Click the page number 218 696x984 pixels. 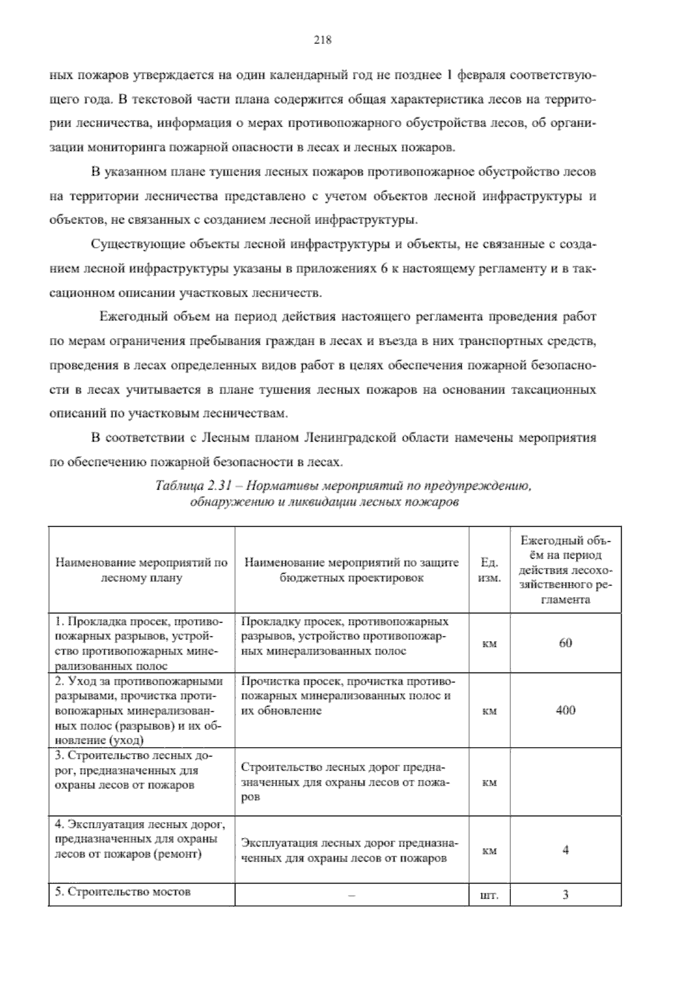pyautogui.click(x=322, y=40)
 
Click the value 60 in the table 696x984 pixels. pyautogui.click(x=565, y=643)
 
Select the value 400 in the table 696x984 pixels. pyautogui.click(x=565, y=710)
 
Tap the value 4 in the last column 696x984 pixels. pyautogui.click(x=565, y=850)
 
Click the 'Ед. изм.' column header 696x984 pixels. pyautogui.click(x=490, y=570)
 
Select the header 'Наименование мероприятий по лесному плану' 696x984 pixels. pyautogui.click(x=142, y=570)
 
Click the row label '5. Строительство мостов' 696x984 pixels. pyautogui.click(x=123, y=892)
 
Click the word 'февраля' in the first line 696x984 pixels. pyautogui.click(x=479, y=75)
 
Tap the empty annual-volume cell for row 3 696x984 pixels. pyautogui.click(x=565, y=782)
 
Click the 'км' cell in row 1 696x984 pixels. pyautogui.click(x=490, y=643)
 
